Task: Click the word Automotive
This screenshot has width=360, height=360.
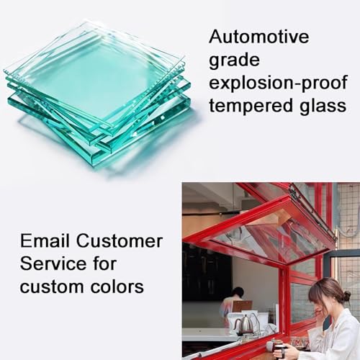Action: click(x=258, y=37)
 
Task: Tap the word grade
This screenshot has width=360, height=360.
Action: click(x=234, y=61)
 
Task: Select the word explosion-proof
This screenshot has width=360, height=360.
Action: click(x=278, y=83)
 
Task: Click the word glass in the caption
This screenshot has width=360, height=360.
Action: click(x=323, y=105)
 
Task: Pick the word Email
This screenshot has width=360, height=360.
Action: click(x=45, y=240)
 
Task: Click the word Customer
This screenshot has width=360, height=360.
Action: click(x=120, y=241)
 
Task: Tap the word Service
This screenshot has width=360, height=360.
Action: click(x=53, y=264)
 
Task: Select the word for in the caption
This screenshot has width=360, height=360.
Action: click(x=104, y=264)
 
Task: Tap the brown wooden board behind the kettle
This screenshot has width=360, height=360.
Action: click(x=243, y=309)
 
